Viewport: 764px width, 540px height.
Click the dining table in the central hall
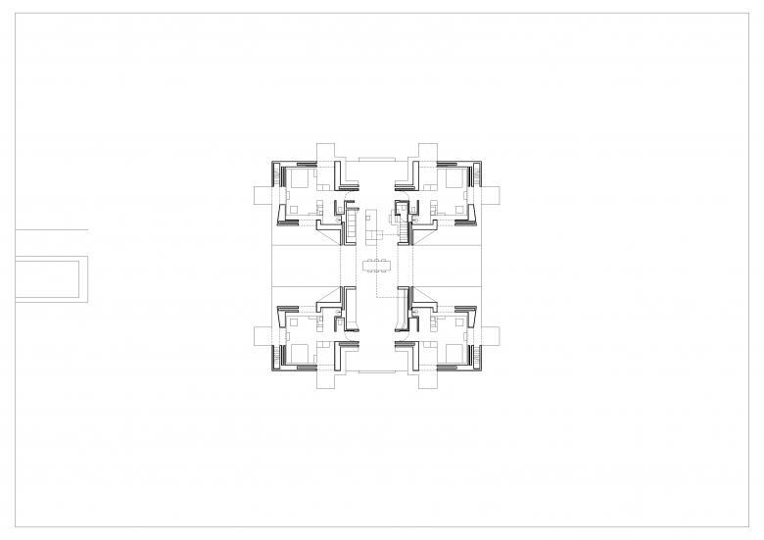pyautogui.click(x=378, y=264)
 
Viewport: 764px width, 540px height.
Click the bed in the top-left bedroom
pyautogui.click(x=299, y=178)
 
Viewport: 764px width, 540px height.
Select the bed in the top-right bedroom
pyautogui.click(x=454, y=178)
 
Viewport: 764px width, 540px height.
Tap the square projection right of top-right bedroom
pyautogui.click(x=488, y=195)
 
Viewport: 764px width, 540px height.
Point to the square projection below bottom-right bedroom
pyautogui.click(x=424, y=377)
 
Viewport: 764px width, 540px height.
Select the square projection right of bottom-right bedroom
pyautogui.click(x=488, y=334)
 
